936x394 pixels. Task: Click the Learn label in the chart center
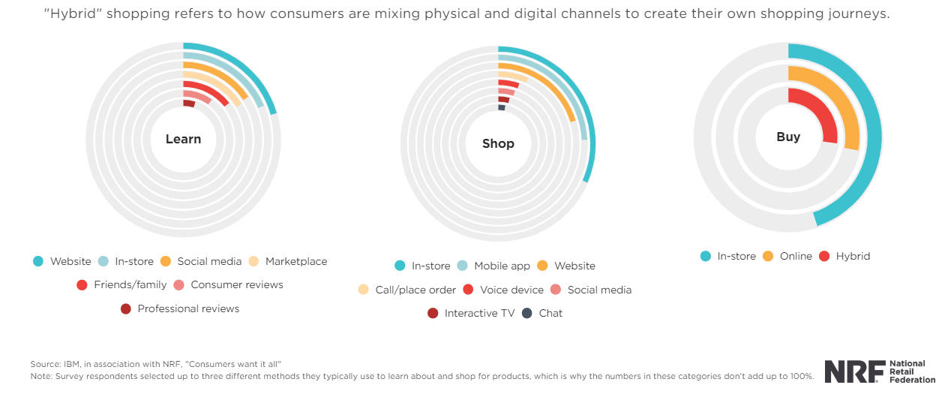click(x=183, y=139)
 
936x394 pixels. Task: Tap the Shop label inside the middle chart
click(x=498, y=143)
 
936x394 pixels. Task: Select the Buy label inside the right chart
click(x=788, y=137)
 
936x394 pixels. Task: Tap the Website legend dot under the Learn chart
click(x=38, y=261)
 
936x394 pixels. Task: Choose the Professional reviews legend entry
click(x=188, y=308)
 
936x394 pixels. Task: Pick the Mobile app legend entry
click(x=502, y=266)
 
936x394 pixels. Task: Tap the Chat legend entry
click(x=550, y=313)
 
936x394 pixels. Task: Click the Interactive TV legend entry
click(x=479, y=313)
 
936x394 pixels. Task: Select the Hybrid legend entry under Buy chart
click(x=853, y=256)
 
